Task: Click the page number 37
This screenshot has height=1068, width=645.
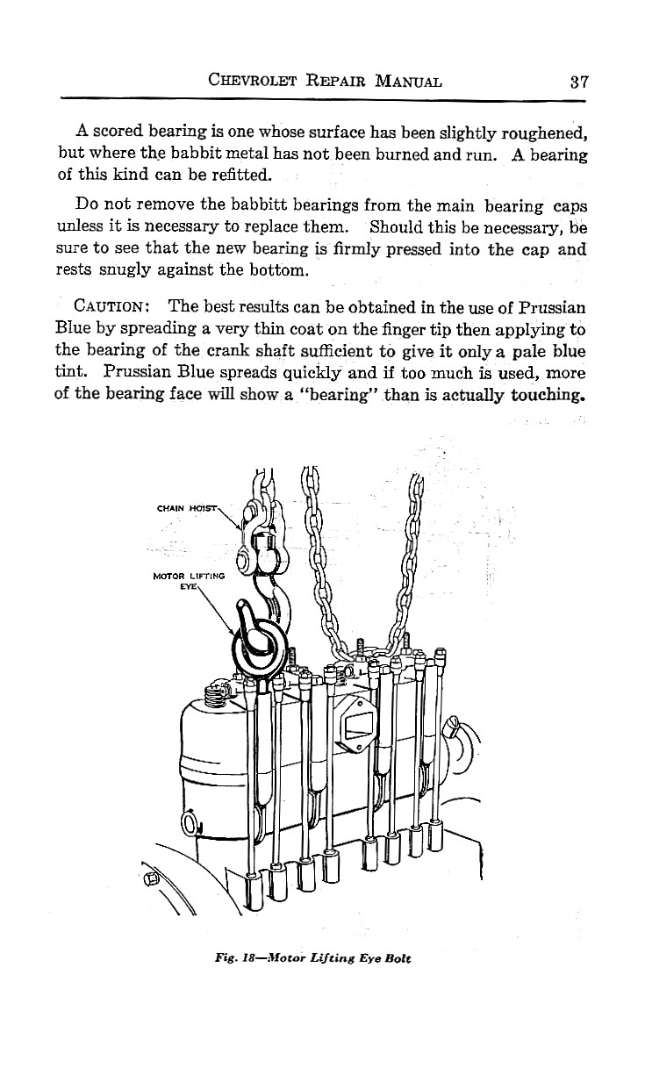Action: (577, 82)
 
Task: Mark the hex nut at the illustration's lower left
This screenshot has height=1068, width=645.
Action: (151, 876)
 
